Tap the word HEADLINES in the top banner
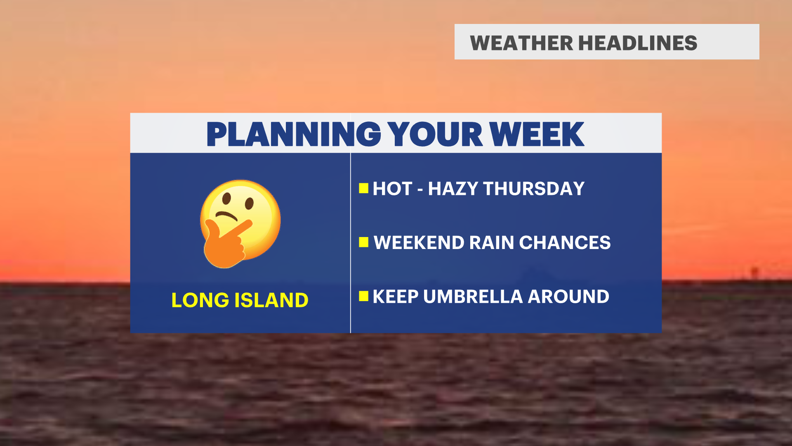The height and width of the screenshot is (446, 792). coord(638,43)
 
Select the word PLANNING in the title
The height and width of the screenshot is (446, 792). coord(294,134)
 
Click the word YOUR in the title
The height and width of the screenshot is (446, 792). coord(435,134)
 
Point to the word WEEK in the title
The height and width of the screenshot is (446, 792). coord(537,134)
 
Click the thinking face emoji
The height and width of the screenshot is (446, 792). coord(240,224)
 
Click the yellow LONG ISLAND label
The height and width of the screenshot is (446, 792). coord(240,300)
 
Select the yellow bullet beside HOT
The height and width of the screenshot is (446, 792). coord(363,188)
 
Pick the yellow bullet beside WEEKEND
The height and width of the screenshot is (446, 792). coord(363,242)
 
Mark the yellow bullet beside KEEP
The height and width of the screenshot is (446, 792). coord(363,296)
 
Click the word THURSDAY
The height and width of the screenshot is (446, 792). coord(534,189)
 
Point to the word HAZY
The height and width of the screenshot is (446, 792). coord(453,189)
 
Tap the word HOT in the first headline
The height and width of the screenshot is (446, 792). coord(392,189)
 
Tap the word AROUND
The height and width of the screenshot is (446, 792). coord(568,297)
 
